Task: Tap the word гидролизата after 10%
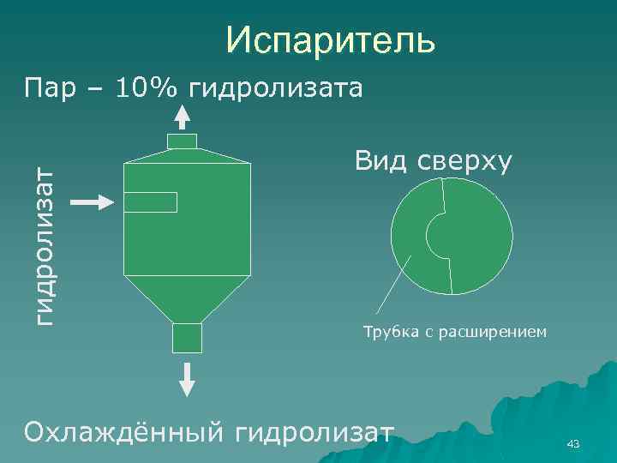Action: (x=276, y=87)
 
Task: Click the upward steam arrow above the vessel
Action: (x=183, y=117)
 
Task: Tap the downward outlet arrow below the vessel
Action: (x=188, y=376)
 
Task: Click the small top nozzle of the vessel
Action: (x=182, y=141)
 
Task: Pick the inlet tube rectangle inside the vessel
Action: (x=151, y=202)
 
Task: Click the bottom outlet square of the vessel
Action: (x=187, y=338)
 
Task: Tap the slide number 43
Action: (x=573, y=443)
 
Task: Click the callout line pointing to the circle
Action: (x=393, y=289)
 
